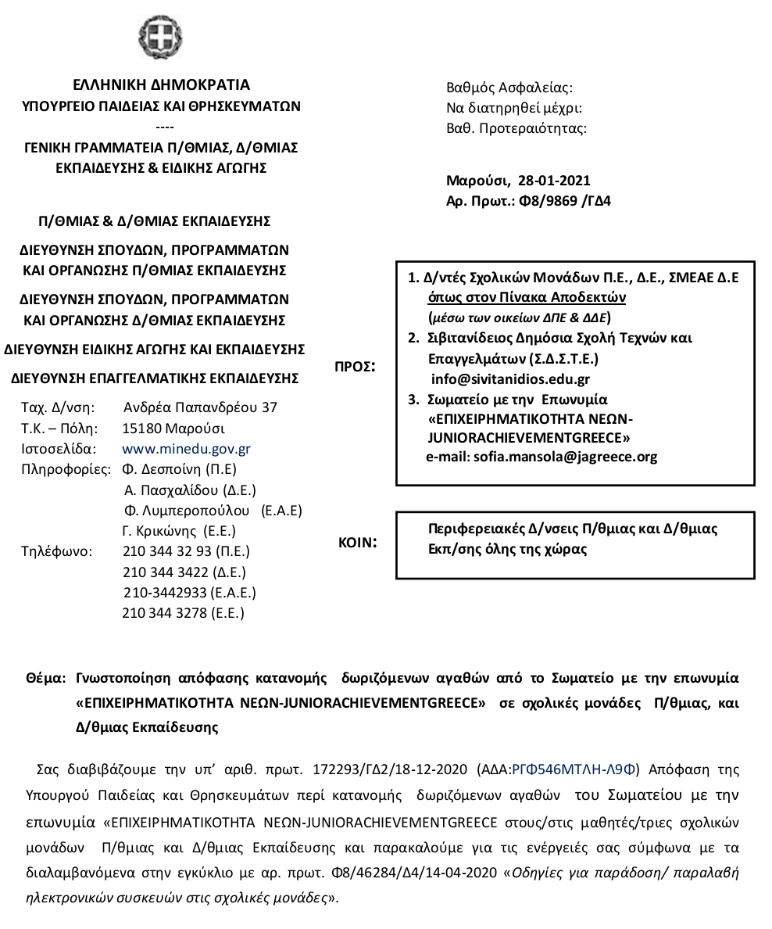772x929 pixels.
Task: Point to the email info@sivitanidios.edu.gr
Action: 510,379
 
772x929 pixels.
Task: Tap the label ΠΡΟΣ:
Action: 355,365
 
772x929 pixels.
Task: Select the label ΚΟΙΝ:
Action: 357,542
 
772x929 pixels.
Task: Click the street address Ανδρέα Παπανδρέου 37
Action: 200,407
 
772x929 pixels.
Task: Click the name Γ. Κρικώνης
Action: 156,530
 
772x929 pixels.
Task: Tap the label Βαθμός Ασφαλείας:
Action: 509,88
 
